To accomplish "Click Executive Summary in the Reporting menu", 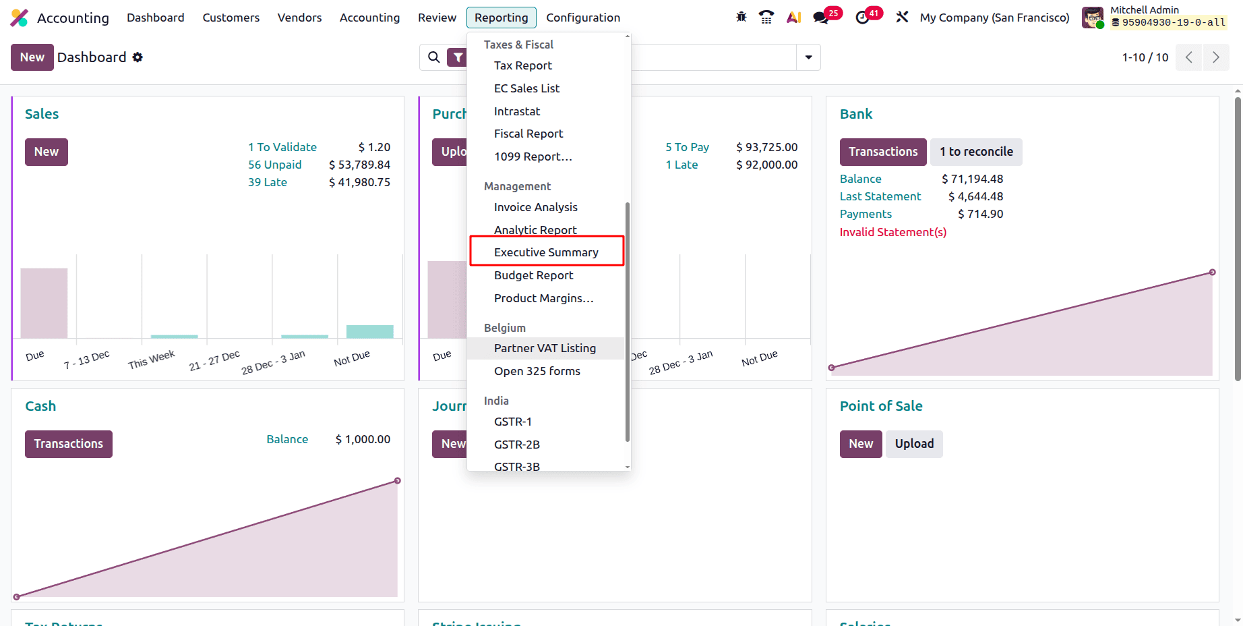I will tap(546, 252).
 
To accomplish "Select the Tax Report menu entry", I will tap(522, 65).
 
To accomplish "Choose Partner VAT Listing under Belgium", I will tap(545, 348).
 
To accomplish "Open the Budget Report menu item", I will tap(533, 275).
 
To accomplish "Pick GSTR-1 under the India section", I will tap(512, 422).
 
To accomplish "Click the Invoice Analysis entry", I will tap(535, 207).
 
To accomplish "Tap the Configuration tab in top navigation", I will tap(582, 18).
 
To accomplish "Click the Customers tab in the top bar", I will tap(231, 18).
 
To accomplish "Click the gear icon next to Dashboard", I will tap(138, 57).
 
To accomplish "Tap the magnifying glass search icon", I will tap(434, 57).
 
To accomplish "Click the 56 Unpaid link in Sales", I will tap(274, 165).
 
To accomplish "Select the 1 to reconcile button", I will tap(976, 152).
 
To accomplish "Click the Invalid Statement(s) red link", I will tap(892, 232).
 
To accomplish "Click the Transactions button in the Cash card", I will tap(69, 444).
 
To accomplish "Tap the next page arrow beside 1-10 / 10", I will tap(1215, 57).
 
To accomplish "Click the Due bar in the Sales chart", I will tap(44, 304).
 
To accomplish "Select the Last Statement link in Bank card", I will tap(880, 196).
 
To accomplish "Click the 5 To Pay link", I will tap(687, 147).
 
